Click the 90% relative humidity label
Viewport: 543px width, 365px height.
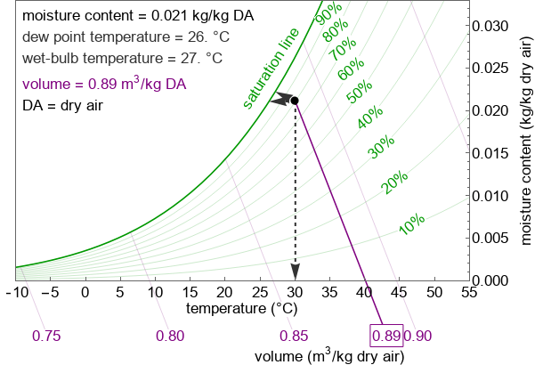pyautogui.click(x=328, y=14)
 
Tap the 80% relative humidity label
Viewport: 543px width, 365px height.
pyautogui.click(x=336, y=31)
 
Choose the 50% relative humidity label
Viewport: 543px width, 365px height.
pyautogui.click(x=360, y=92)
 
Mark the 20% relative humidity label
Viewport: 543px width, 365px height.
pyautogui.click(x=394, y=182)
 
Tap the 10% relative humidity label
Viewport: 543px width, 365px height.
pyautogui.click(x=411, y=224)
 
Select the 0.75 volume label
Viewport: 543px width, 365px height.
pyautogui.click(x=46, y=336)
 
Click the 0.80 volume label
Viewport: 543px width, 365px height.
pyautogui.click(x=170, y=336)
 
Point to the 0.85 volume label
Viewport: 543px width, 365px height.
pyautogui.click(x=294, y=336)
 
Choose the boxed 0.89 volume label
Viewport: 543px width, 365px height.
pyautogui.click(x=385, y=336)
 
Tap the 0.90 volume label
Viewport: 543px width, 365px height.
pyautogui.click(x=417, y=336)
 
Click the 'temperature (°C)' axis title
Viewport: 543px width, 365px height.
pyautogui.click(x=242, y=309)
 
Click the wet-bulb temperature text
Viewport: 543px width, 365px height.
pyautogui.click(x=110, y=59)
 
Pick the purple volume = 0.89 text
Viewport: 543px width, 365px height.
pyautogui.click(x=104, y=85)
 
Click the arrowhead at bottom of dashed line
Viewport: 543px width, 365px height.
pyautogui.click(x=295, y=272)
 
